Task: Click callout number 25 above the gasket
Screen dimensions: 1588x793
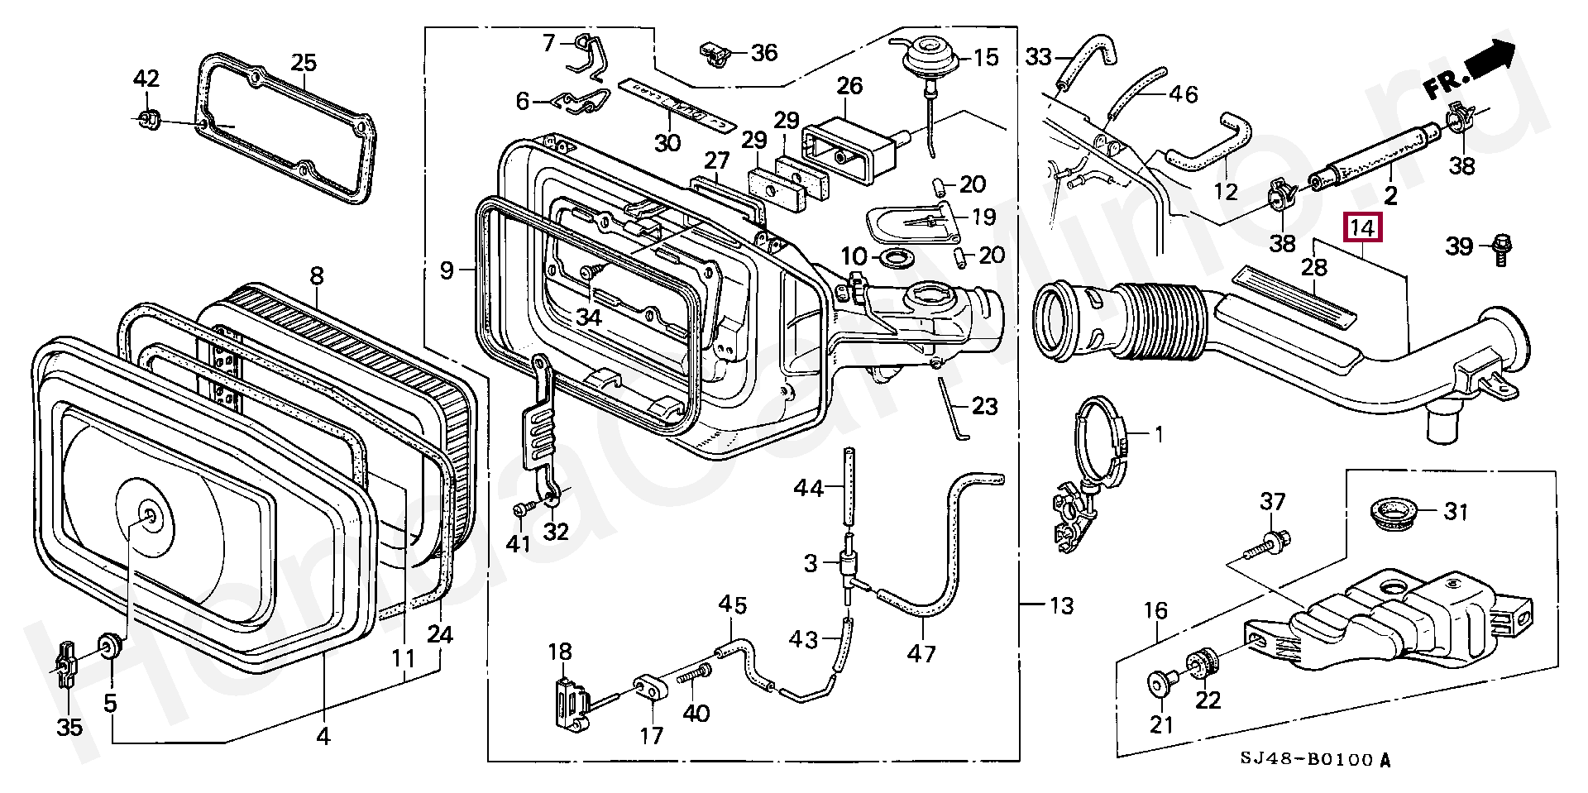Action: coord(304,62)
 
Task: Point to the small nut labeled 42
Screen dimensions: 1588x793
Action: coord(148,119)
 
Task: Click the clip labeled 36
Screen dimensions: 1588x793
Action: coord(713,53)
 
